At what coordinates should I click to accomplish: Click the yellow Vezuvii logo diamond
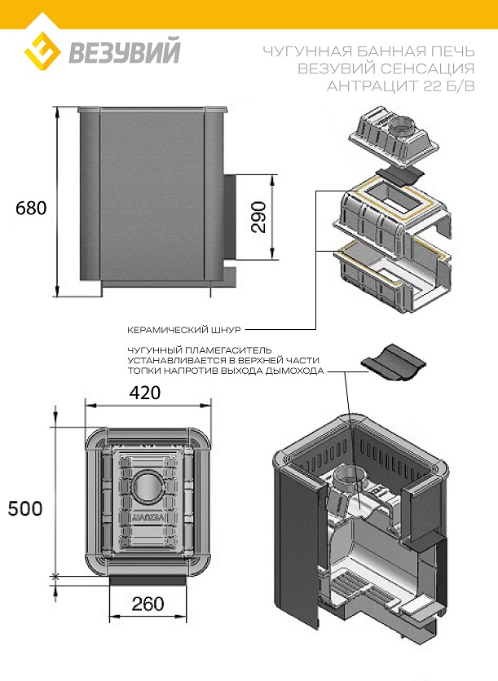click(42, 54)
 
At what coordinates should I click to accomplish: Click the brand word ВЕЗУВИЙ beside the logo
click(124, 51)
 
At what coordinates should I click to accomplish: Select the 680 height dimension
click(31, 208)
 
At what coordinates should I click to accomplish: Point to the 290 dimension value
click(259, 217)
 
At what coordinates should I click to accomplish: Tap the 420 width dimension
click(145, 392)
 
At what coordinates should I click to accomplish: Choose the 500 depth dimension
click(25, 508)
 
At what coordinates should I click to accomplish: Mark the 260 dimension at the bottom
click(148, 604)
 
